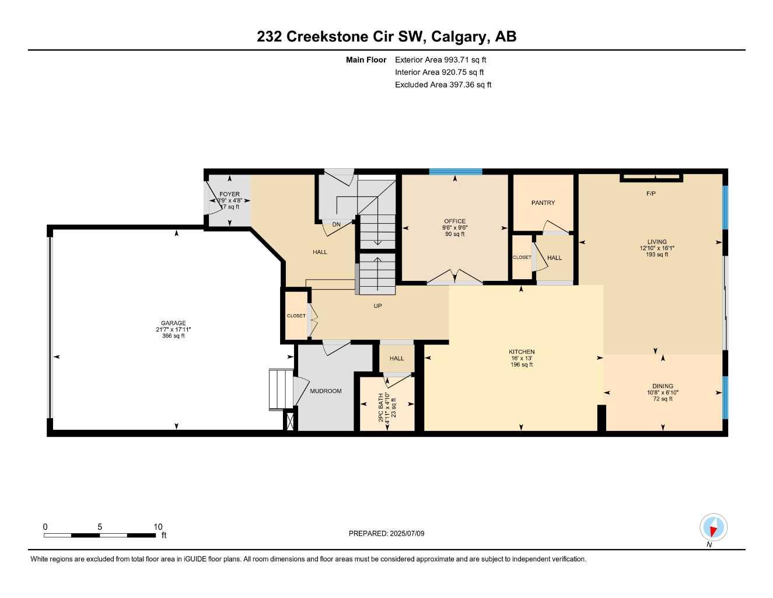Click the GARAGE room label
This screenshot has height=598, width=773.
click(x=173, y=323)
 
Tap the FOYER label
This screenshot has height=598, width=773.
click(x=229, y=194)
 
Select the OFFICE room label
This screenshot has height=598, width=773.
click(x=454, y=221)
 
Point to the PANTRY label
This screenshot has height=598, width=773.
click(x=543, y=203)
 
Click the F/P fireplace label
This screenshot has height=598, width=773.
click(x=651, y=193)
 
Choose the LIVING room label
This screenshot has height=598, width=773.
click(x=657, y=242)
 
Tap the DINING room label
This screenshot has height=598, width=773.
click(x=663, y=386)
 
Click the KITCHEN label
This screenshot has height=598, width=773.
click(x=522, y=352)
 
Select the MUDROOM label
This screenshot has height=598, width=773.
click(x=326, y=391)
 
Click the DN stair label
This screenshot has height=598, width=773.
click(x=337, y=224)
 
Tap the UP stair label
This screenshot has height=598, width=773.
click(x=377, y=306)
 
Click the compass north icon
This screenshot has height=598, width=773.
click(x=713, y=527)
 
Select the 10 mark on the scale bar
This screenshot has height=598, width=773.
click(x=158, y=527)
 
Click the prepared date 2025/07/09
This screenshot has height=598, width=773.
click(x=407, y=533)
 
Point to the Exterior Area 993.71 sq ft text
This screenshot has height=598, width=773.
click(x=440, y=60)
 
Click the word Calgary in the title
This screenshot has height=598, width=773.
click(x=460, y=36)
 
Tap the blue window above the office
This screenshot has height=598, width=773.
click(x=456, y=172)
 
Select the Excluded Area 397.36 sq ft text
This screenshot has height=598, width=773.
click(x=443, y=85)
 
